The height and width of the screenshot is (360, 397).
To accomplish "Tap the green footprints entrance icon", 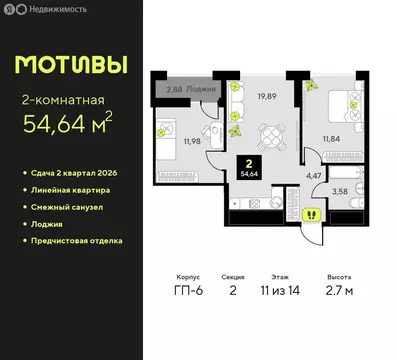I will (x=311, y=212).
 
